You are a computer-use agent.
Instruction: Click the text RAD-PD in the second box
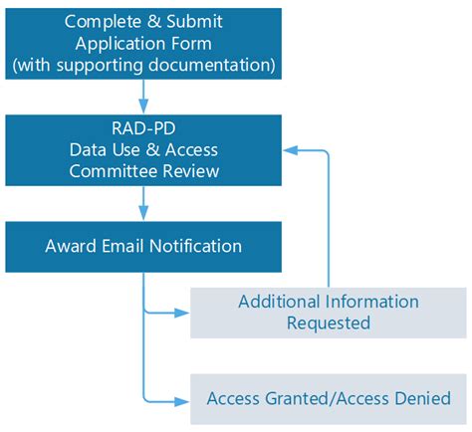point(143,127)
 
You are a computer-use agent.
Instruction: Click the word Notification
point(195,245)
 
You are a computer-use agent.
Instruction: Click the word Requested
point(329,323)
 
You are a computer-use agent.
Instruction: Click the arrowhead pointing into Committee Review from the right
point(291,150)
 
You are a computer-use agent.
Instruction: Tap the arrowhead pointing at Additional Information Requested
point(182,313)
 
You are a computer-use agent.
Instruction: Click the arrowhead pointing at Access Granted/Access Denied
point(182,401)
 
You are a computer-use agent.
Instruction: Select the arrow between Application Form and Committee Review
point(143,96)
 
